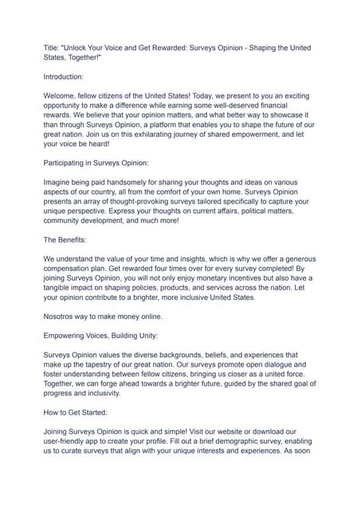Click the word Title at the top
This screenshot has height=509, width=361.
[52, 47]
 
